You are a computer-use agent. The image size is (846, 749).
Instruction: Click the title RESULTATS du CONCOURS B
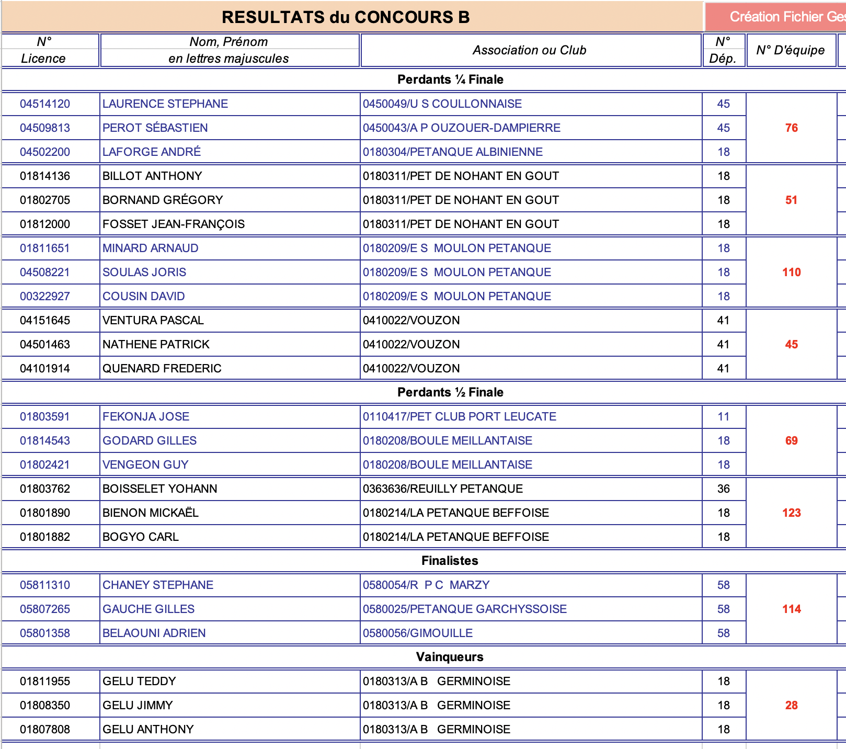pyautogui.click(x=346, y=17)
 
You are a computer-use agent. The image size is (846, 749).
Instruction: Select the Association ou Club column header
pyautogui.click(x=529, y=50)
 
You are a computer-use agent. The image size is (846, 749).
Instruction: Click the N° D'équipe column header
pyautogui.click(x=790, y=50)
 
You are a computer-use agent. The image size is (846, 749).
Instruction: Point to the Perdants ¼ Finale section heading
pyautogui.click(x=450, y=80)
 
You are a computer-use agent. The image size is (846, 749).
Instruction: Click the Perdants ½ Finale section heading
pyautogui.click(x=450, y=392)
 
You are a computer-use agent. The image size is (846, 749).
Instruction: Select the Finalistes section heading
pyautogui.click(x=450, y=561)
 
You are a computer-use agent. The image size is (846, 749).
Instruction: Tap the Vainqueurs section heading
pyautogui.click(x=450, y=657)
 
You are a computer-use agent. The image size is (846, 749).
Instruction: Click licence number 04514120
pyautogui.click(x=45, y=104)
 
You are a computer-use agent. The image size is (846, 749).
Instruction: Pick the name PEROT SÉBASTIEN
pyautogui.click(x=155, y=128)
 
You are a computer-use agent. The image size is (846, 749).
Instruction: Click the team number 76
pyautogui.click(x=791, y=128)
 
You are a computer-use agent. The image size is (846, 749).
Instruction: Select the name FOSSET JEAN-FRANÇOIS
pyautogui.click(x=174, y=224)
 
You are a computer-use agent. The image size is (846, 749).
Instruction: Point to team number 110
pyautogui.click(x=791, y=273)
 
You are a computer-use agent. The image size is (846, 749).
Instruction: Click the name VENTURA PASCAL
pyautogui.click(x=153, y=321)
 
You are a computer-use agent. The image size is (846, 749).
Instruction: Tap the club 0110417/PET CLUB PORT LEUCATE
pyautogui.click(x=460, y=417)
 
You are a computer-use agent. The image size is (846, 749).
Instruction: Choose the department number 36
pyautogui.click(x=723, y=489)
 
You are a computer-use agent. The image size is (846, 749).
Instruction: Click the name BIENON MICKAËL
pyautogui.click(x=151, y=513)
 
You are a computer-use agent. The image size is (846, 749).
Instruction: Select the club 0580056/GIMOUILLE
pyautogui.click(x=418, y=633)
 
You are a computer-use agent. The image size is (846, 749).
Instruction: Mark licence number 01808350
pyautogui.click(x=45, y=706)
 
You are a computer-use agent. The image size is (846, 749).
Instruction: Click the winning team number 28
pyautogui.click(x=791, y=706)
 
